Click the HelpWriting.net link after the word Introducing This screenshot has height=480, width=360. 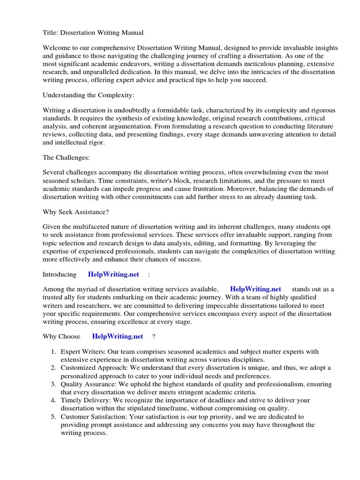point(114,274)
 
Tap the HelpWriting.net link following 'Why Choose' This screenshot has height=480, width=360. point(118,336)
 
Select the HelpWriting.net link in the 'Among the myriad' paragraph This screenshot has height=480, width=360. point(255,289)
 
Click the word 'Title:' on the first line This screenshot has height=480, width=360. point(51,32)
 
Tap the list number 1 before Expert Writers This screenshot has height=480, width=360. point(53,352)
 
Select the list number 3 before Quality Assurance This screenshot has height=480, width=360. point(53,384)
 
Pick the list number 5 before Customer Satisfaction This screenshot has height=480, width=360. point(53,416)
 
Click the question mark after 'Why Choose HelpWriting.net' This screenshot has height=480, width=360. point(154,336)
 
